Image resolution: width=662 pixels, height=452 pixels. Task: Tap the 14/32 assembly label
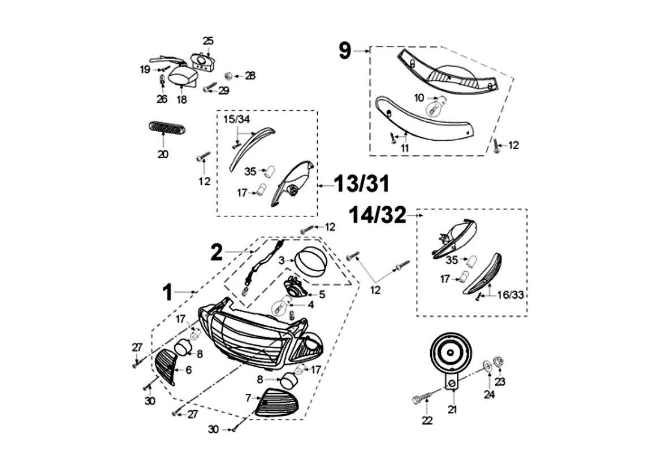[x=378, y=215]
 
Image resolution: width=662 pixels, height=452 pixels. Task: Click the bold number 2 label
[x=217, y=253]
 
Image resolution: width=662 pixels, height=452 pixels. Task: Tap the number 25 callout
[x=208, y=41]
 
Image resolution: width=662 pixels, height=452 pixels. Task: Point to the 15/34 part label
[x=236, y=120]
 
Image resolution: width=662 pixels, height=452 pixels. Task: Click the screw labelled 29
[x=210, y=89]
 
